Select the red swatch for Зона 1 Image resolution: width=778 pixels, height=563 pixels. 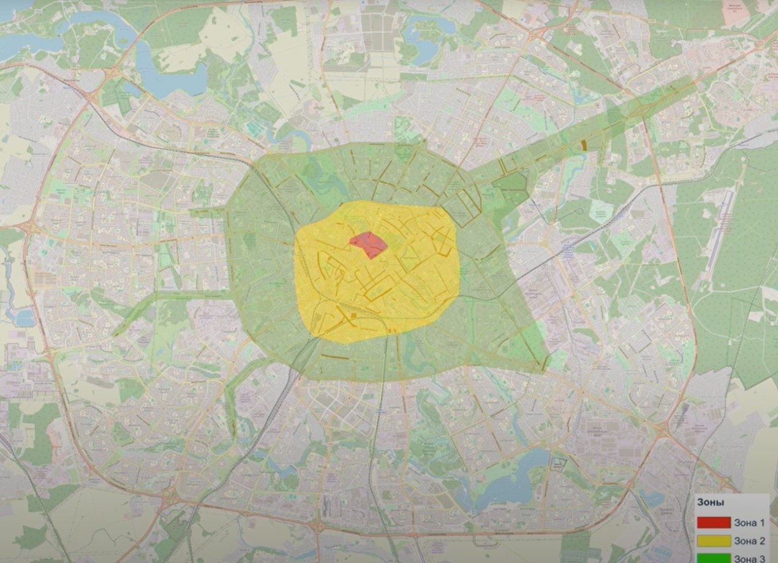pos(713,523)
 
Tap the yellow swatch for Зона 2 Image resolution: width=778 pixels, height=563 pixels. pos(713,541)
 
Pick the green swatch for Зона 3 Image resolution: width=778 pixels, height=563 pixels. pos(713,558)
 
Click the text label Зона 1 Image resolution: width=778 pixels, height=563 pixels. pos(749,523)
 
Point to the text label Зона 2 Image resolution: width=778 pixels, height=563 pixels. pos(749,541)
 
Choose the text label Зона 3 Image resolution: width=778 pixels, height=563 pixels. pos(749,558)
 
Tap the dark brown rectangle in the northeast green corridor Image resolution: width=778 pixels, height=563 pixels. pos(583,145)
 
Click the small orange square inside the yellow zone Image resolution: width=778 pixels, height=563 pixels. pos(353,316)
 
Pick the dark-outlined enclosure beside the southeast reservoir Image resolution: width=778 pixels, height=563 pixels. pos(558,464)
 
